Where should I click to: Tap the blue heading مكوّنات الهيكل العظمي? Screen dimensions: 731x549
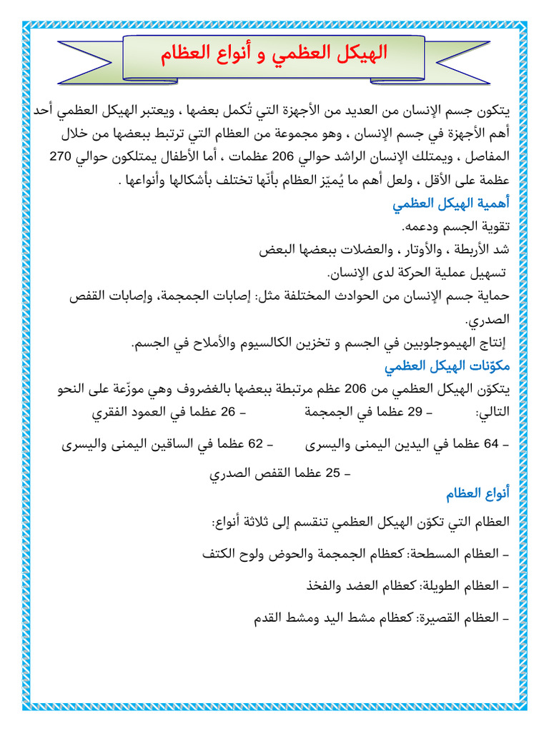[x=447, y=366]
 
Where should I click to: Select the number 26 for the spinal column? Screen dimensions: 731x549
[x=228, y=412]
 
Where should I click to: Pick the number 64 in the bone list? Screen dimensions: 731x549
[x=491, y=443]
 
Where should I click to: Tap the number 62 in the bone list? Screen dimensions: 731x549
[x=256, y=443]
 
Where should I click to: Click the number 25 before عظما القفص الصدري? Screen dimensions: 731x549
[x=333, y=473]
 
